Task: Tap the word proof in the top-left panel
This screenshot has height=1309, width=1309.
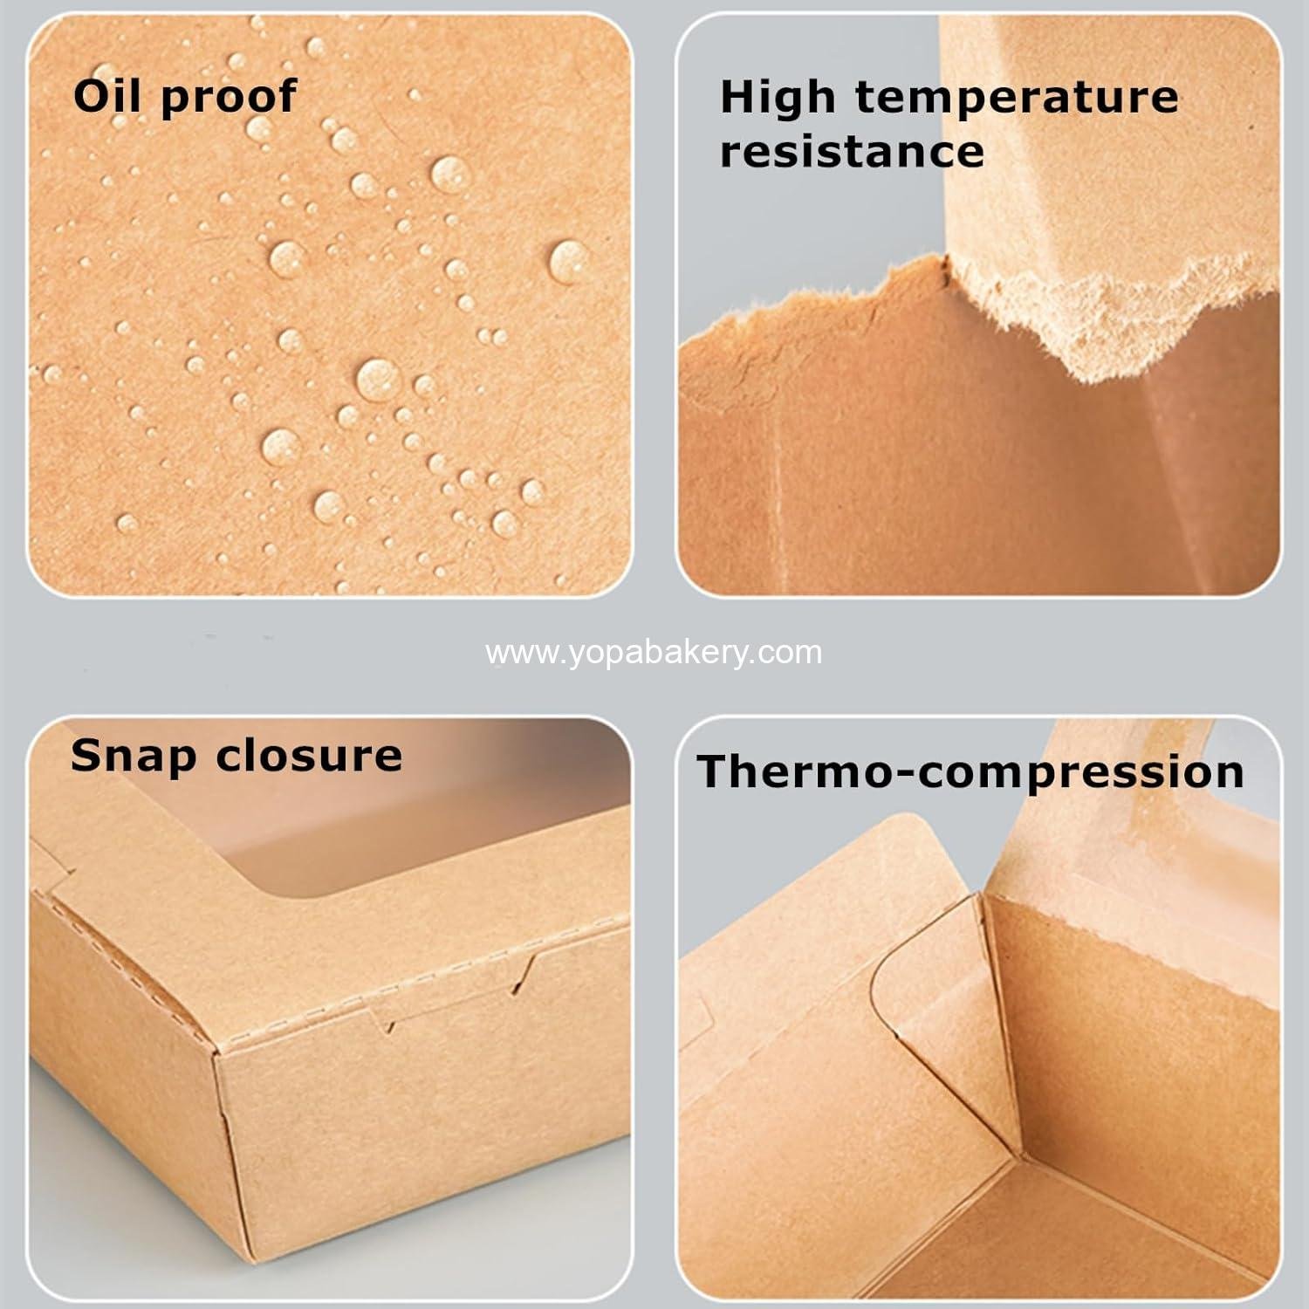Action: coord(229,99)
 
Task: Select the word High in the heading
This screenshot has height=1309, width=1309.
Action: coord(778,99)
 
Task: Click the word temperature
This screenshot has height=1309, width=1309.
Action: coord(1017,99)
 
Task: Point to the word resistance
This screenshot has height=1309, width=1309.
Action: coord(852,152)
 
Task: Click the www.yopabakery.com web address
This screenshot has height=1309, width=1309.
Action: coord(654,652)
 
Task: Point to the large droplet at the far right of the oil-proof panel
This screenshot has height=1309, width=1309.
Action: coord(567,261)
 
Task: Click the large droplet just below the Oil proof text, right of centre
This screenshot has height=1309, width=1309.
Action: coord(449,174)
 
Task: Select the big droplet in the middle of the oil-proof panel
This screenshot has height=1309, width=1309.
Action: coord(378,379)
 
